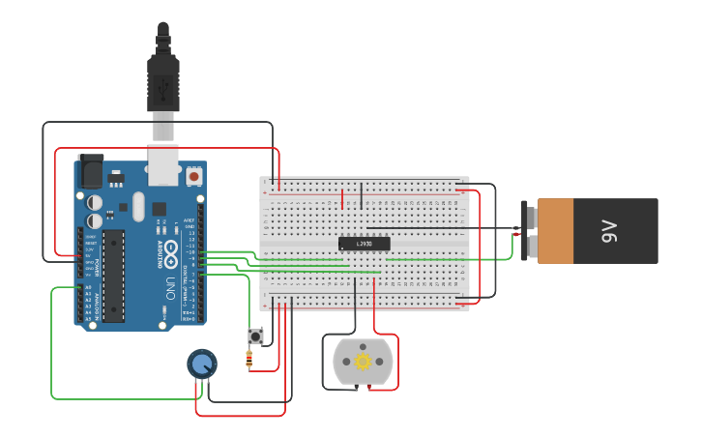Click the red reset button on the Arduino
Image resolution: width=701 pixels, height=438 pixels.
(x=194, y=177)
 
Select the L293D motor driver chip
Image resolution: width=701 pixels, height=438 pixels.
(x=364, y=243)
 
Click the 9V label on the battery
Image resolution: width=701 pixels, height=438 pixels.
(x=608, y=231)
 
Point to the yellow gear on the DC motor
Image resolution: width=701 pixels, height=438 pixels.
(x=364, y=362)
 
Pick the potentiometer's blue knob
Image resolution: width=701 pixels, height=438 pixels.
(x=201, y=365)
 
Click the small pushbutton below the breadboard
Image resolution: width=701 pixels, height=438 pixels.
(x=256, y=336)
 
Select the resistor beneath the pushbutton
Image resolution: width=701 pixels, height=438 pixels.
(x=250, y=360)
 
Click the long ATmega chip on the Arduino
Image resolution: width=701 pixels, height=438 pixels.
(x=114, y=276)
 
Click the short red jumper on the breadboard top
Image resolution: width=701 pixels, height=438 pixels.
(x=342, y=198)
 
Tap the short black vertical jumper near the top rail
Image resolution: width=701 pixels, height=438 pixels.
(x=362, y=196)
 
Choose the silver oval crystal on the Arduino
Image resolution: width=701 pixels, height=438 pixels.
(x=138, y=205)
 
